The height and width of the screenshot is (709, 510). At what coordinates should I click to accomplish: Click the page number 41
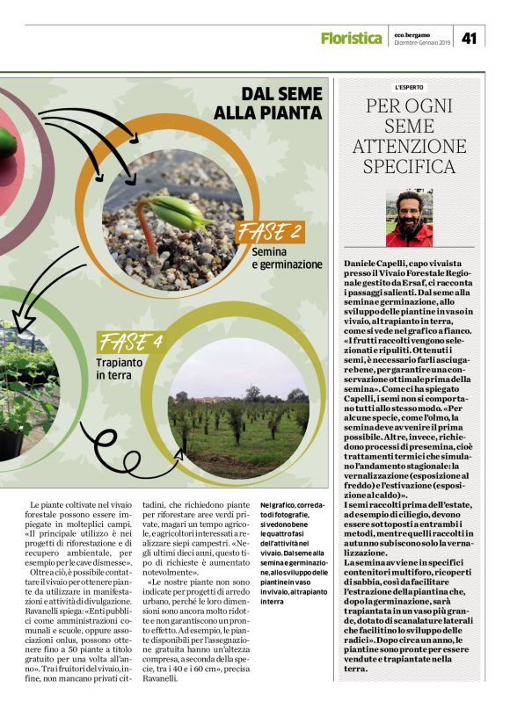coord(469,37)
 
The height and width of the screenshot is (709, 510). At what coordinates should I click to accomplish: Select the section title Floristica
coord(351,38)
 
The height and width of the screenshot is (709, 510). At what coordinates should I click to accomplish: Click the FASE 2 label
coord(271,232)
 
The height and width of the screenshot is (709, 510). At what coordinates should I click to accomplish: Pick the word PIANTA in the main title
coord(283,112)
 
